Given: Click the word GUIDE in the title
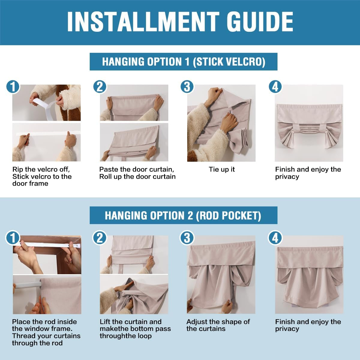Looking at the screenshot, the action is (260, 22).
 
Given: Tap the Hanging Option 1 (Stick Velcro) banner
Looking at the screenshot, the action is (184, 62).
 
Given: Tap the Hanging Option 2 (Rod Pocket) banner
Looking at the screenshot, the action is (184, 215).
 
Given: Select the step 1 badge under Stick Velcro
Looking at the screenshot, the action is (13, 87).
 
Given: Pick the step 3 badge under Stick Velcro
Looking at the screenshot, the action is (187, 87).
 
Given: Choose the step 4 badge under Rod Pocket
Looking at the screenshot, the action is (275, 238).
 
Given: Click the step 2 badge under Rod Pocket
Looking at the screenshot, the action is (100, 238).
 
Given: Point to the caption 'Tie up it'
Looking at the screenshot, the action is (222, 169).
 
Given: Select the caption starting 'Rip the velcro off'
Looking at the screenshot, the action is (42, 176).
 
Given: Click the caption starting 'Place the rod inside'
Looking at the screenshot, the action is (46, 332).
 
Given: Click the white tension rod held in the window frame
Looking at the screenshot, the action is (49, 244).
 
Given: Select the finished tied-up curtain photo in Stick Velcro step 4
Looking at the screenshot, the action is (309, 123).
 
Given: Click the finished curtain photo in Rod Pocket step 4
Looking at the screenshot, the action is (309, 274).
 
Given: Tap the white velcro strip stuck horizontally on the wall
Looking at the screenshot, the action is (48, 133).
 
